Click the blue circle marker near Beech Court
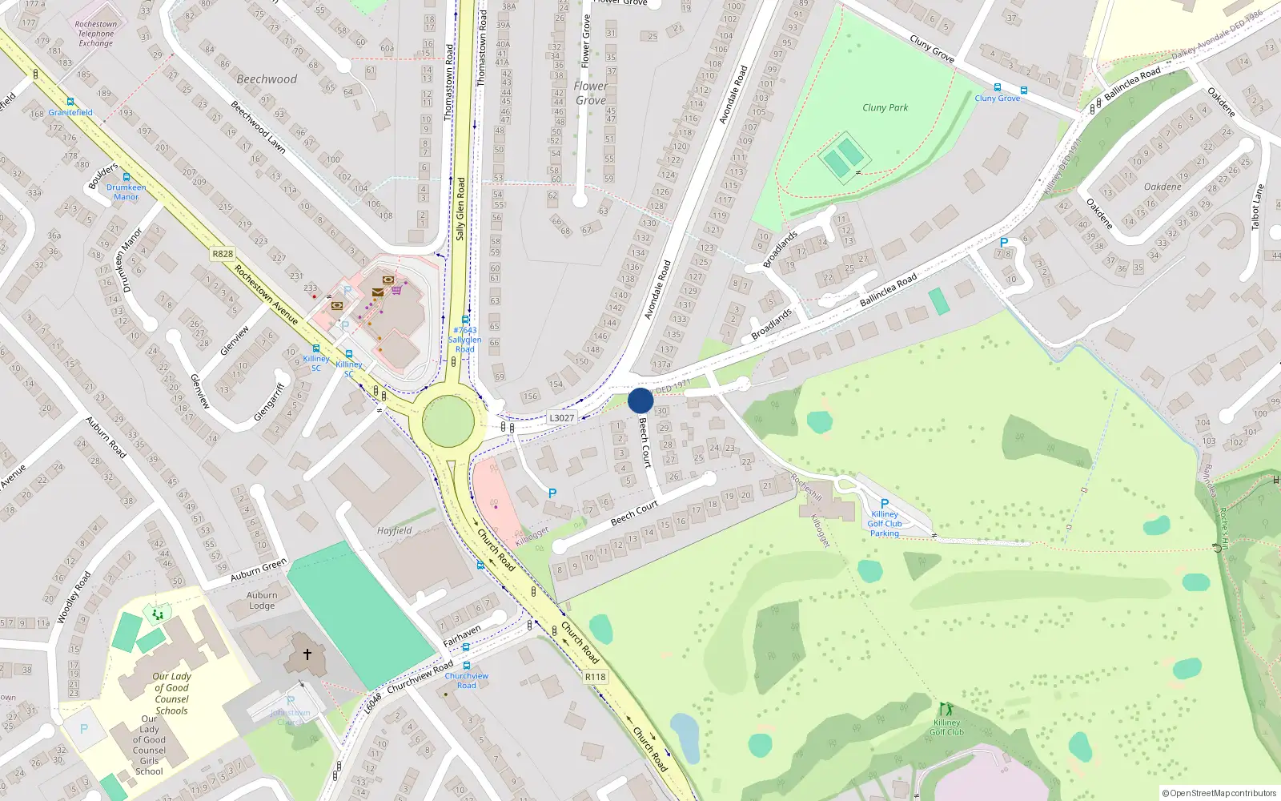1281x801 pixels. click(x=640, y=400)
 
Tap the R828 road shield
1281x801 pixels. click(x=223, y=254)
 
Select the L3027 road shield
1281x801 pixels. click(x=561, y=418)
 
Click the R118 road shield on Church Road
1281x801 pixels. click(x=595, y=677)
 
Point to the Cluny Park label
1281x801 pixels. click(x=885, y=107)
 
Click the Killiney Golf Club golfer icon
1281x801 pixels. click(x=946, y=710)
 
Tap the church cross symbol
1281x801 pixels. click(x=307, y=654)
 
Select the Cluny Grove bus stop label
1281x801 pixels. click(x=997, y=99)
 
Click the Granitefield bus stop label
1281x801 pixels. click(x=70, y=112)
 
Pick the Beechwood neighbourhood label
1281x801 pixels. click(x=267, y=79)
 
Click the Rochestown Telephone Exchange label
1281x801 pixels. click(x=96, y=34)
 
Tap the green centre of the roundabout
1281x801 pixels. click(x=448, y=421)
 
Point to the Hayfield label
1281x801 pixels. click(x=395, y=530)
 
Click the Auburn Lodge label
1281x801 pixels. click(x=262, y=600)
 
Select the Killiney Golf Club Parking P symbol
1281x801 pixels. click(x=885, y=504)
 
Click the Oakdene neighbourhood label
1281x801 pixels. click(x=1163, y=187)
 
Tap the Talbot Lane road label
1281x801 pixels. click(x=1258, y=207)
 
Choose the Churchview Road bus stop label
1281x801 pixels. click(x=466, y=680)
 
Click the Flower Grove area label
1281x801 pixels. click(x=590, y=93)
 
